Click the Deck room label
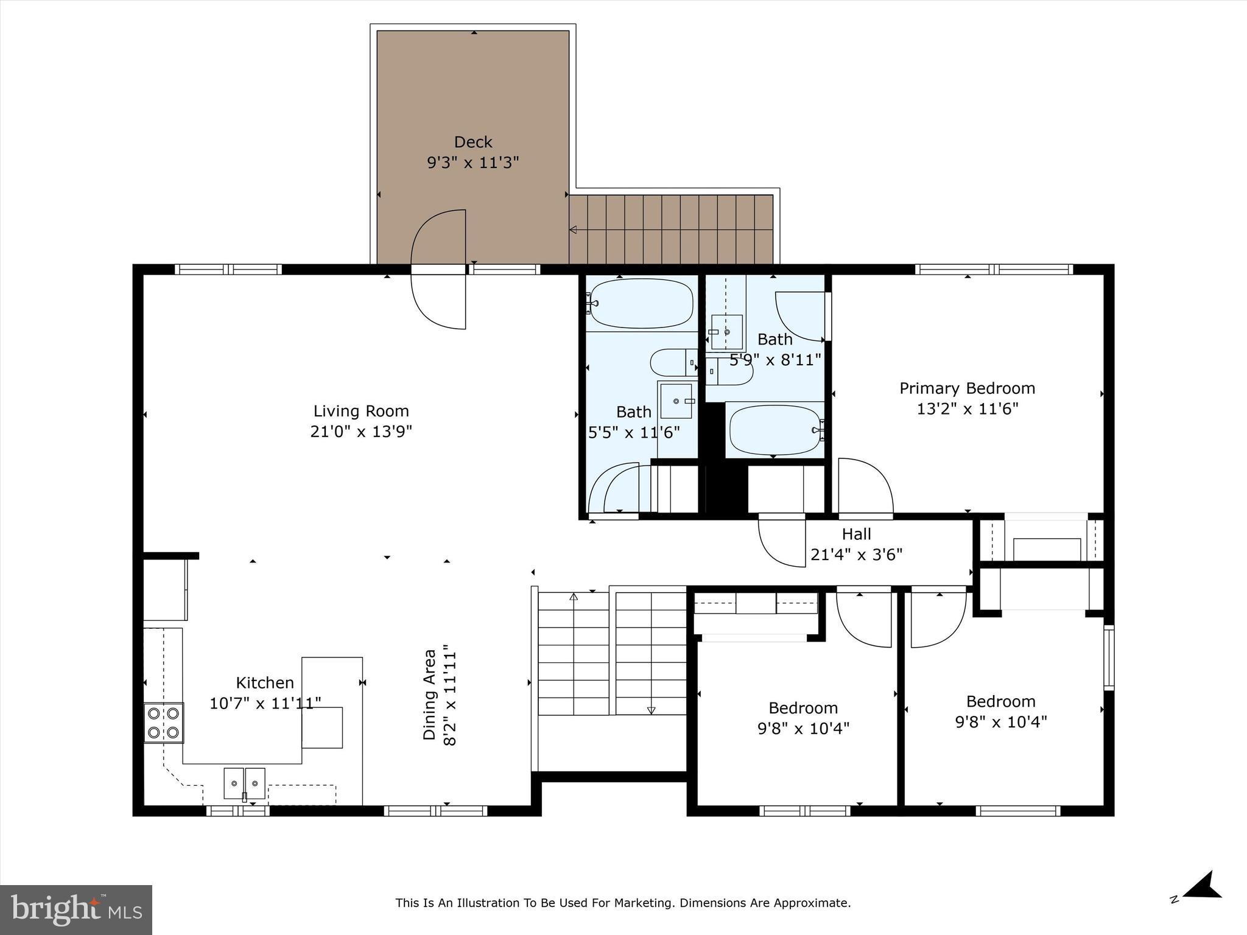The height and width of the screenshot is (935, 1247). [473, 142]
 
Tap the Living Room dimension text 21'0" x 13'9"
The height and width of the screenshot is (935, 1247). [361, 432]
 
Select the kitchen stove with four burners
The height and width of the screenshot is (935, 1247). [164, 723]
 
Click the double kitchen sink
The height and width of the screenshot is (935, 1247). [244, 783]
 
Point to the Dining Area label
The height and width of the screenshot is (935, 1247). [430, 695]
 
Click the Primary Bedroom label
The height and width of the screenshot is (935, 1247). [967, 388]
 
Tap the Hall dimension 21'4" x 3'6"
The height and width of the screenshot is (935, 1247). [856, 555]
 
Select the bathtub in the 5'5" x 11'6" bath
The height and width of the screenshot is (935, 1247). [641, 303]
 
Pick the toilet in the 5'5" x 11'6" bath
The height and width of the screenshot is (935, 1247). [672, 363]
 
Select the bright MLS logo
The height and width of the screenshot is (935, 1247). [76, 909]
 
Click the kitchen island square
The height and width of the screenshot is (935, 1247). [322, 727]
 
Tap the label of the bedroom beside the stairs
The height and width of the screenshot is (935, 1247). [803, 708]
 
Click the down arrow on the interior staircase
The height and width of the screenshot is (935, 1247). [651, 710]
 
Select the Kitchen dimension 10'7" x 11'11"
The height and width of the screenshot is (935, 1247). [265, 704]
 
